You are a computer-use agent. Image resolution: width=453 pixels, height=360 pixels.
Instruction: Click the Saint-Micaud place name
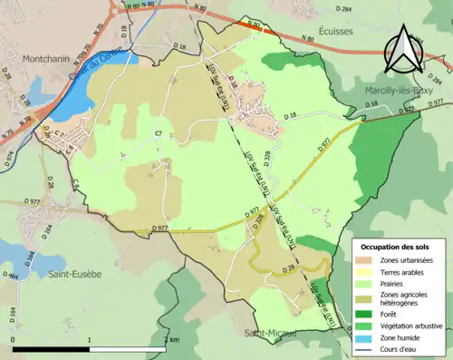(269, 334)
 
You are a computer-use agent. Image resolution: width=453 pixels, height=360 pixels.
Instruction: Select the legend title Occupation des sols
(397, 247)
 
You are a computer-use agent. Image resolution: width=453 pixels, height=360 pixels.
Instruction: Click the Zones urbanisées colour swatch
(363, 260)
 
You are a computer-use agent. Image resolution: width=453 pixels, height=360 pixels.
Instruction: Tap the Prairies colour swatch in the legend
(363, 283)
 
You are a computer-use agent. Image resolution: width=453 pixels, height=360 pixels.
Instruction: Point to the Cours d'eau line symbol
(363, 350)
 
